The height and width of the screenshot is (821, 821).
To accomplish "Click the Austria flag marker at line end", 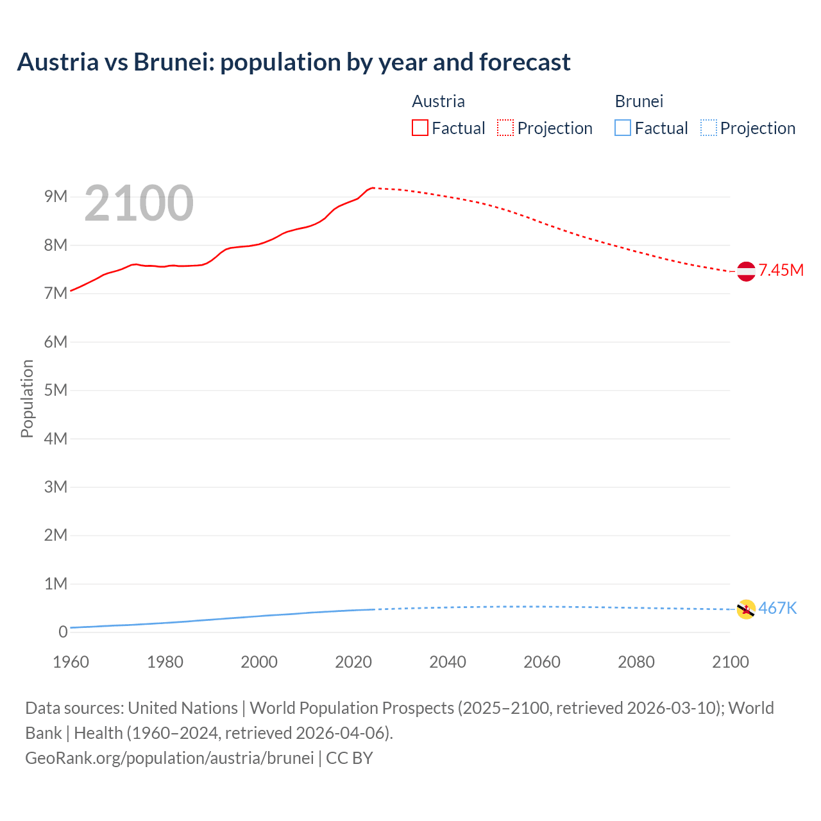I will point(746,271).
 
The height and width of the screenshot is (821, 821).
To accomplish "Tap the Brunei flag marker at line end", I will point(746,609).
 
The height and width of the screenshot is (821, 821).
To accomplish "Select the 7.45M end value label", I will point(781,270).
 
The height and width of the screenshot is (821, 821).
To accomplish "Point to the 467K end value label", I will point(777,608).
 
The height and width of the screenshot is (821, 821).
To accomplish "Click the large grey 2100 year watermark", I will point(139,203).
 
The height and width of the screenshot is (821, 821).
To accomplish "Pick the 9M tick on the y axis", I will point(56,196).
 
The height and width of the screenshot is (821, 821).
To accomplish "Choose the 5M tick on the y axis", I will point(56,390).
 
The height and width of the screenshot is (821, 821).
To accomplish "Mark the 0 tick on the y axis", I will point(63,632).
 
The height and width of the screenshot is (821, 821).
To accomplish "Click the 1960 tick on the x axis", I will point(71,662).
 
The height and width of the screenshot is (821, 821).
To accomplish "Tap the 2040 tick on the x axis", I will point(448,662).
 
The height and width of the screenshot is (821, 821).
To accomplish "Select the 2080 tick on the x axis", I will point(636,662).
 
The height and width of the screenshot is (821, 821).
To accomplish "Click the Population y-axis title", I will point(27,398).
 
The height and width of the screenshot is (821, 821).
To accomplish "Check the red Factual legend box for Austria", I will point(420,128).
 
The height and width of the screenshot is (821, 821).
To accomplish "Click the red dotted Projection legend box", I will point(505,128).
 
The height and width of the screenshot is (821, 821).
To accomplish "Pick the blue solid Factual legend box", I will point(623,128).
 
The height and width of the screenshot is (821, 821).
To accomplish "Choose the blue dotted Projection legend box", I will point(709,128).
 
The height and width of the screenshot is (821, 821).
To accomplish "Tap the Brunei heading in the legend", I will point(639,101).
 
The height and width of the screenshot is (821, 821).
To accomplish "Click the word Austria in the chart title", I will point(58,62).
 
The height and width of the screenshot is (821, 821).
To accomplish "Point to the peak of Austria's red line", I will point(373,188).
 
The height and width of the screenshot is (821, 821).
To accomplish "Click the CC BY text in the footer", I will point(350,758).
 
